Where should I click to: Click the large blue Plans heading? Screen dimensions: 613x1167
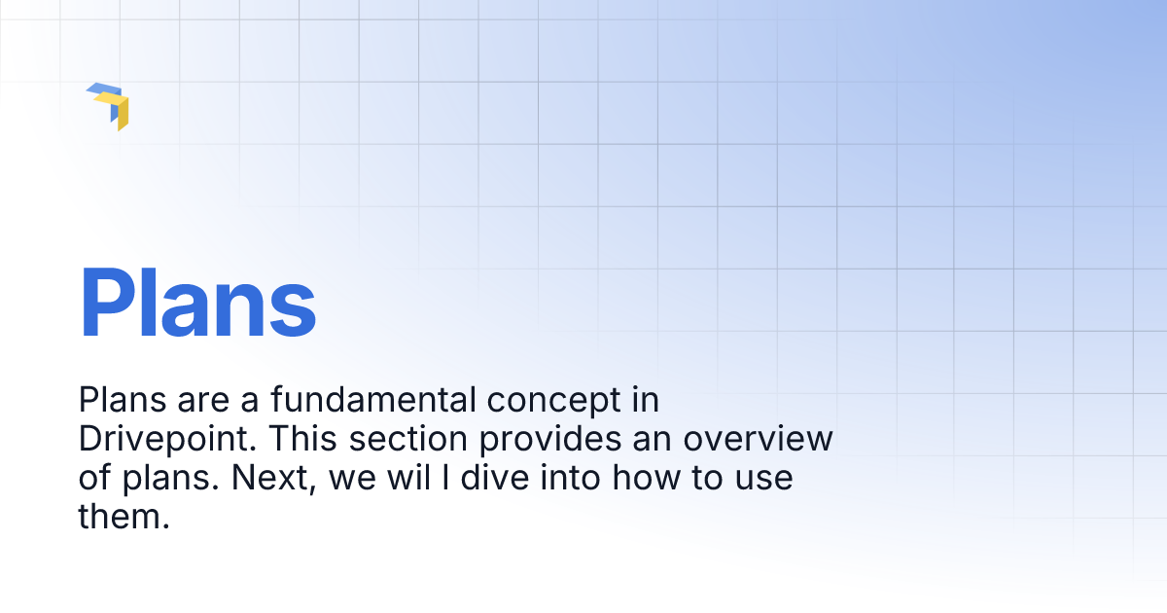197,304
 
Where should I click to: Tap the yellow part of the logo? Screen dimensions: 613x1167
120,111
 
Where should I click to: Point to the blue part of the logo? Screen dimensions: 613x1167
101,92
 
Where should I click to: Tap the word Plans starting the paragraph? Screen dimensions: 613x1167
120,400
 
